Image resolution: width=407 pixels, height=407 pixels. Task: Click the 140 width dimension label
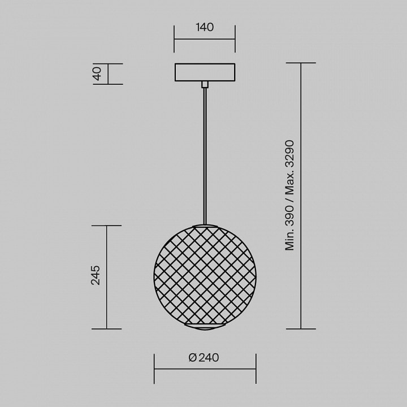[205, 27]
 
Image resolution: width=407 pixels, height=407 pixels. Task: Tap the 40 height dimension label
[97, 73]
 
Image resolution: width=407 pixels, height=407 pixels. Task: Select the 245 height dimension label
[96, 275]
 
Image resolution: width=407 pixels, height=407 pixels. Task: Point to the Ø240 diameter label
[203, 357]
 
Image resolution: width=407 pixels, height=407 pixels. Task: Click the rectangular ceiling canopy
[205, 72]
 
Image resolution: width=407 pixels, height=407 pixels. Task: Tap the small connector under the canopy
[205, 84]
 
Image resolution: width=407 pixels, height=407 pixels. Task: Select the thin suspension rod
[205, 156]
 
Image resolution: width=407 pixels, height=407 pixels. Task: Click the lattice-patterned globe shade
[205, 277]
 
